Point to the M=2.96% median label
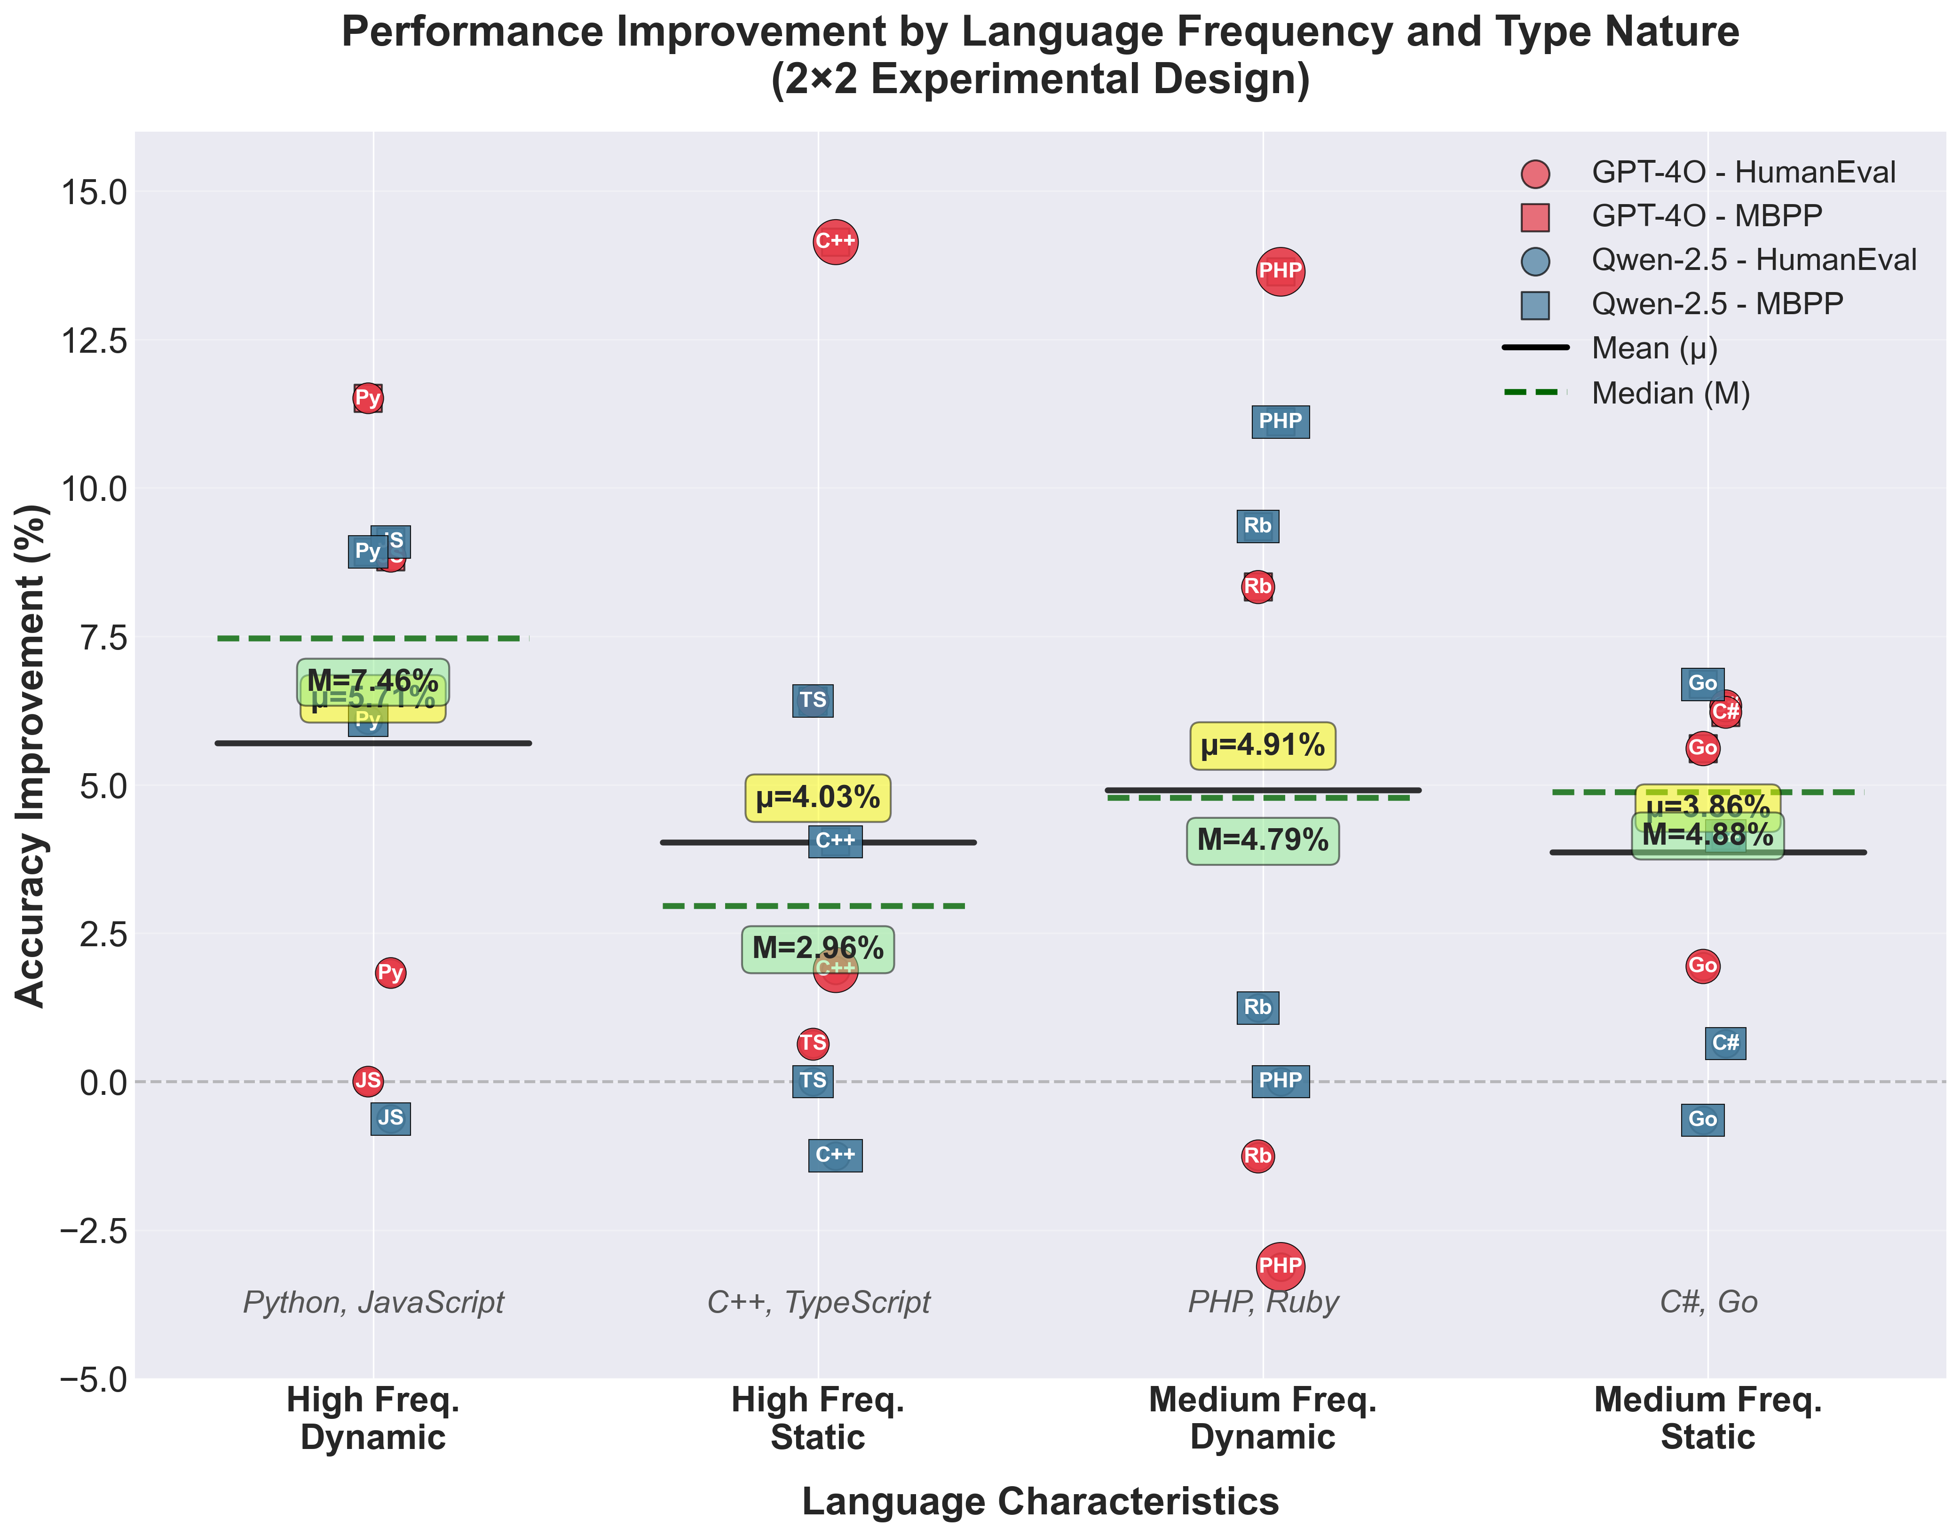click(x=817, y=949)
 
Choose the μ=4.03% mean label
click(x=817, y=798)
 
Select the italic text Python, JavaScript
click(x=373, y=1302)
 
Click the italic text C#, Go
click(x=1707, y=1302)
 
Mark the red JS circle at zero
click(x=368, y=1080)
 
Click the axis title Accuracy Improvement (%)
click(x=30, y=755)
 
